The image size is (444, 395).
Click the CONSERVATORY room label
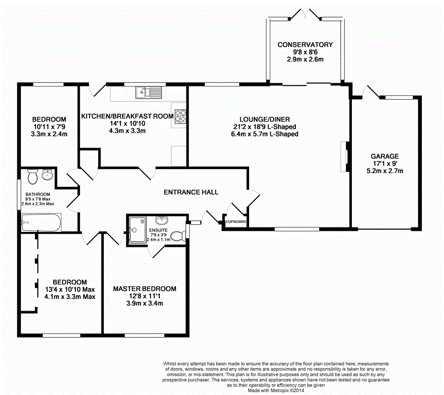coord(305,44)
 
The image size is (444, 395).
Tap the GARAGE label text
coord(385,156)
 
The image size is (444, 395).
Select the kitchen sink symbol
coord(150,93)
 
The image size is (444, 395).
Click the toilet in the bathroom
coord(33,176)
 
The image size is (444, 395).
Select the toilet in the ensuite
coord(177,235)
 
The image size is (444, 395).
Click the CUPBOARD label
coord(235,222)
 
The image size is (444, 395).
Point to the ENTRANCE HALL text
coord(191,192)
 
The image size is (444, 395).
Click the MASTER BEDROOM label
coord(144,289)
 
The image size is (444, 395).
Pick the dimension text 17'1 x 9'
coord(385,164)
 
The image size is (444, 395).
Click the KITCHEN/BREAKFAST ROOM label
coord(128,116)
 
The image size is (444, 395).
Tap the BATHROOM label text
coord(37,195)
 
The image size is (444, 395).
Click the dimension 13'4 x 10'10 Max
coord(70,289)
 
